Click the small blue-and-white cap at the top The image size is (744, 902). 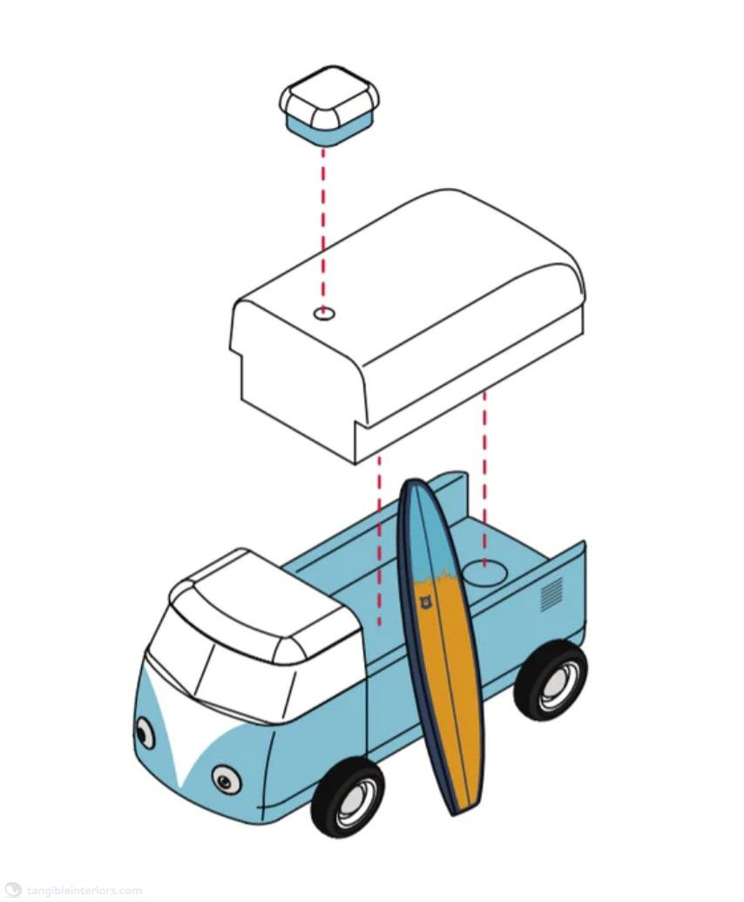pyautogui.click(x=328, y=105)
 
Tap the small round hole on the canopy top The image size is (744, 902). pyautogui.click(x=325, y=313)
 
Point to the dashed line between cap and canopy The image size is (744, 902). pyautogui.click(x=323, y=228)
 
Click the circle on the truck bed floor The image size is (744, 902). pyautogui.click(x=485, y=573)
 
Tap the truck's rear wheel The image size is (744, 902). pyautogui.click(x=551, y=679)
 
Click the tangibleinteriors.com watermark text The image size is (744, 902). pyautogui.click(x=84, y=891)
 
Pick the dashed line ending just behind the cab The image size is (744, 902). pyautogui.click(x=379, y=541)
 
